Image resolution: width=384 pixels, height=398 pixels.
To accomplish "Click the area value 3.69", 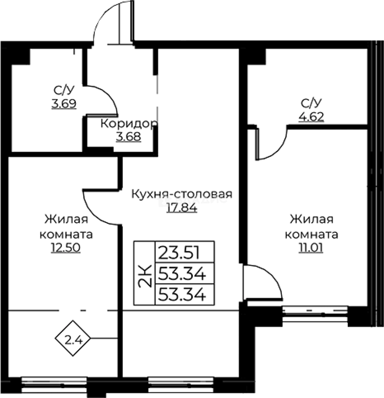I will pyautogui.click(x=64, y=104).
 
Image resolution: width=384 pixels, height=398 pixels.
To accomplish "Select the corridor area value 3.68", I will pyautogui.click(x=128, y=137).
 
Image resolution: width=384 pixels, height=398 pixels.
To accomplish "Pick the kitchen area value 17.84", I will pyautogui.click(x=182, y=208).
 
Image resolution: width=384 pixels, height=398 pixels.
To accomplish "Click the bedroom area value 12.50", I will pyautogui.click(x=66, y=248).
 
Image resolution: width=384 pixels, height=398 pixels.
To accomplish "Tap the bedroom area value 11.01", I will pyautogui.click(x=312, y=248).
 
